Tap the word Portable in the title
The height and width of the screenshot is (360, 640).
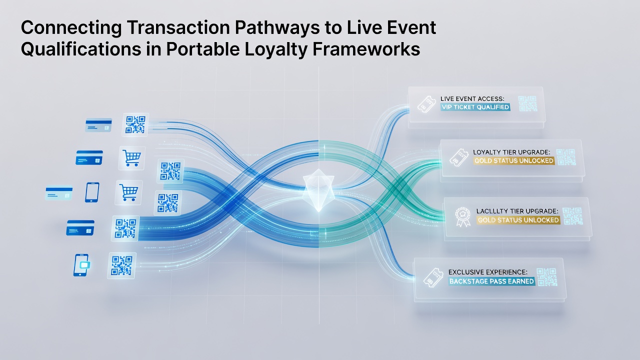coord(203,49)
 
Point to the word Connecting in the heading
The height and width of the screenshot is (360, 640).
coord(71,28)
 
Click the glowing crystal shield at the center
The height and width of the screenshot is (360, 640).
coord(318,189)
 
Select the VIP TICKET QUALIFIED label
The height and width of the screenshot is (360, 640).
coord(475,107)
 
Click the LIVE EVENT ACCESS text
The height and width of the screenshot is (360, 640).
coord(472,98)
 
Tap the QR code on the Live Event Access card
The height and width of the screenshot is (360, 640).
coord(527,103)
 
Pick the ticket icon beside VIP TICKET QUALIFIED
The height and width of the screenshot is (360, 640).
coord(426,104)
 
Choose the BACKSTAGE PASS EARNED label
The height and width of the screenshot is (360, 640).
coord(491,281)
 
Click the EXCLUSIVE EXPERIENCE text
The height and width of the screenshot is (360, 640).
coord(487,271)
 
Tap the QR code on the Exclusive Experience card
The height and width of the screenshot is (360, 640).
coord(547,277)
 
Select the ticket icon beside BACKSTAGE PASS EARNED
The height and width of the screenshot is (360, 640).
coord(433,277)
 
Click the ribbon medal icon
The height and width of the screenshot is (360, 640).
coord(462,217)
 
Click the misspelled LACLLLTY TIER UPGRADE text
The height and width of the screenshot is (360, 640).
coord(517,211)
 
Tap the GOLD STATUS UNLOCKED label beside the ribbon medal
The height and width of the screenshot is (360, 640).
coord(518,220)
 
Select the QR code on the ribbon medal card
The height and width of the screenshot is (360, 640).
coord(572,216)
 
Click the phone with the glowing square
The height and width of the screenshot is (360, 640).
coord(81,265)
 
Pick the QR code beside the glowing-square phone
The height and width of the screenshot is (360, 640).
coord(121,265)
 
